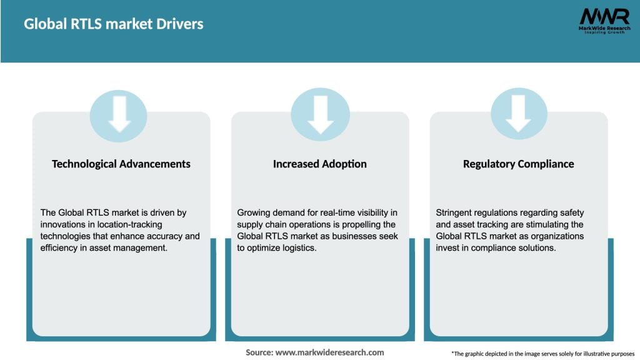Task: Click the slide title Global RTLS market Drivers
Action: (114, 24)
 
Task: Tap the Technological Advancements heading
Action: (121, 164)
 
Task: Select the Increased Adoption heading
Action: (320, 164)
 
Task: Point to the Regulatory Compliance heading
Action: (518, 164)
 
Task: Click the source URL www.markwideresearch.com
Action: (329, 352)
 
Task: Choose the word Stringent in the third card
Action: (456, 213)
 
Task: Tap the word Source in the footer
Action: (259, 352)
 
